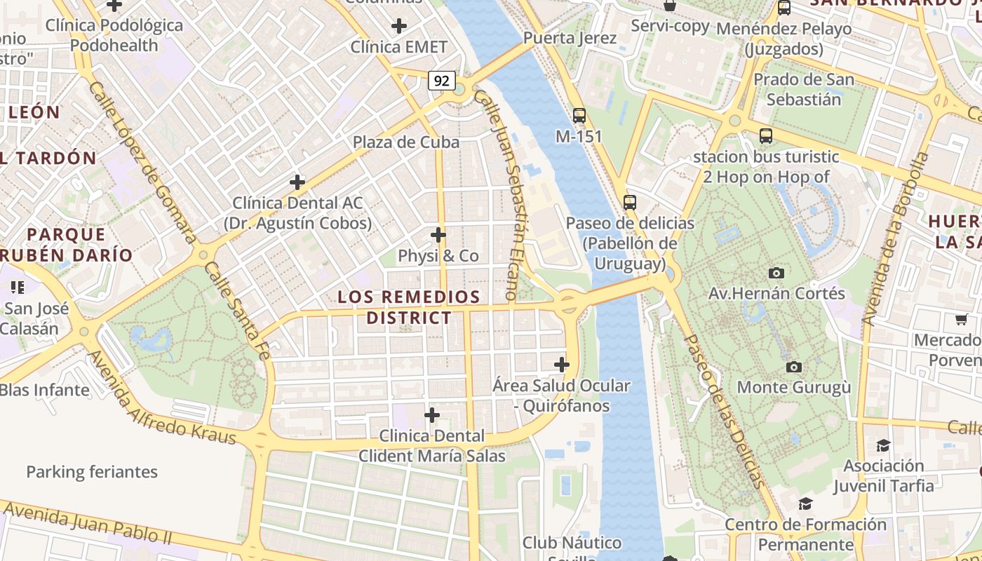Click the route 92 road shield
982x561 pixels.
pyautogui.click(x=441, y=81)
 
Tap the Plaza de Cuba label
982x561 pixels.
pyautogui.click(x=406, y=142)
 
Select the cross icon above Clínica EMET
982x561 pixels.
pyautogui.click(x=399, y=27)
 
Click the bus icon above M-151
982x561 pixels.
pyautogui.click(x=579, y=116)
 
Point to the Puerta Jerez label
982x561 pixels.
pyautogui.click(x=570, y=39)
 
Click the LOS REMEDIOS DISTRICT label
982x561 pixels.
pyautogui.click(x=409, y=307)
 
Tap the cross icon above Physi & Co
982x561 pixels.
pyautogui.click(x=438, y=234)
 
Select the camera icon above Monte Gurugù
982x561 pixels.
pyautogui.click(x=794, y=367)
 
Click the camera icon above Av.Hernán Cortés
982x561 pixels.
pyautogui.click(x=776, y=273)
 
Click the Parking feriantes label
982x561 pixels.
pyautogui.click(x=92, y=472)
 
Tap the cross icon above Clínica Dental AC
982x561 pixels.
pyautogui.click(x=297, y=182)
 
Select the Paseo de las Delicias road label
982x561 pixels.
pyautogui.click(x=722, y=410)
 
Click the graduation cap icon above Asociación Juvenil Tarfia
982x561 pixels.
pyautogui.click(x=883, y=445)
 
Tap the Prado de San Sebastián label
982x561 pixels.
pyautogui.click(x=804, y=89)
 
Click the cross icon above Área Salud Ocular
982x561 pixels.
pyautogui.click(x=561, y=365)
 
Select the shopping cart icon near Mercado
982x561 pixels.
pyautogui.click(x=961, y=320)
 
